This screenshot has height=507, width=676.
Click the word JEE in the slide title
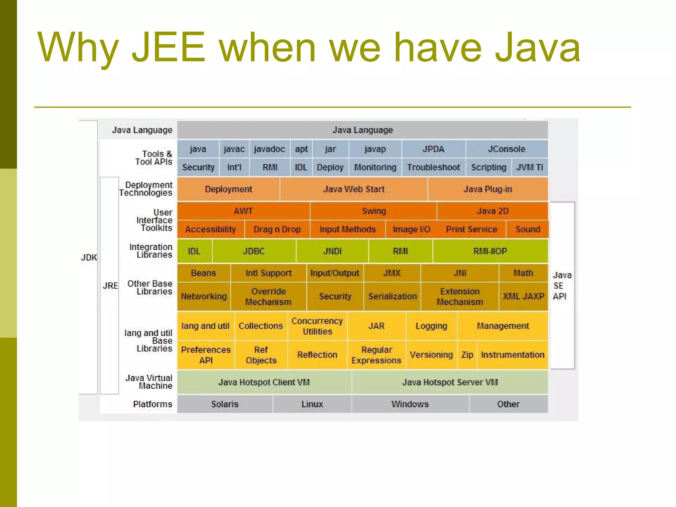[x=169, y=47]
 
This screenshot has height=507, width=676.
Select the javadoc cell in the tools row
[x=269, y=149]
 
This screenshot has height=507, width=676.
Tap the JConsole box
[x=506, y=149]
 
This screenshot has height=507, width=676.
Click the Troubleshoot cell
[x=433, y=167]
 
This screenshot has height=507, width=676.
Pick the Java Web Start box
[x=354, y=189]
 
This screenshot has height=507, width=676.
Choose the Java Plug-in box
[x=488, y=189]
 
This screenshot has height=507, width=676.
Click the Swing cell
[x=374, y=211]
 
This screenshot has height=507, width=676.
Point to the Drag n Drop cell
[x=277, y=229]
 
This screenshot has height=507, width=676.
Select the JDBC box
[x=254, y=251]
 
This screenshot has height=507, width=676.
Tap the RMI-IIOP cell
[x=490, y=251]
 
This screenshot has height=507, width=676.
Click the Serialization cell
[x=392, y=296]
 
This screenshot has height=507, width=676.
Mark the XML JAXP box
[x=523, y=296]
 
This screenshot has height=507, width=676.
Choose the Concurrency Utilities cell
[x=317, y=326]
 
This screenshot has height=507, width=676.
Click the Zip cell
[x=467, y=355]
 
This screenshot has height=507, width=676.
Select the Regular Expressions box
[x=376, y=355]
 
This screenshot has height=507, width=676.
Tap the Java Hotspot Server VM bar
[x=450, y=382]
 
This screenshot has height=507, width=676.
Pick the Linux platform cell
[x=312, y=404]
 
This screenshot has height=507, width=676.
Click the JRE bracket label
[x=110, y=286]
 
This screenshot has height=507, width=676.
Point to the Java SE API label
[x=562, y=286]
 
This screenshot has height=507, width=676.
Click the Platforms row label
[x=152, y=404]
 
